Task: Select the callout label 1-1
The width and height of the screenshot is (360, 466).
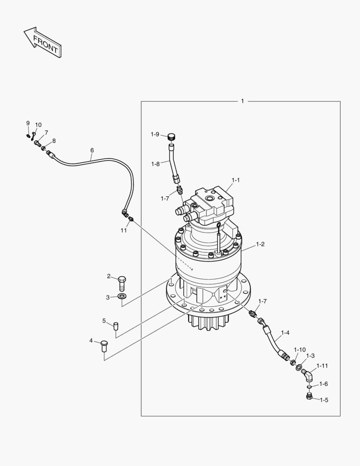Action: click(x=236, y=179)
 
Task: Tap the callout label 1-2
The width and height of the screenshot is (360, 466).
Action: click(x=260, y=244)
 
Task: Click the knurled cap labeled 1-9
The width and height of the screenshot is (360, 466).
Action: click(x=172, y=137)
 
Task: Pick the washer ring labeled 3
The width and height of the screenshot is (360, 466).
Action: click(x=122, y=296)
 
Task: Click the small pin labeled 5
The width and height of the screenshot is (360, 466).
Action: click(x=116, y=325)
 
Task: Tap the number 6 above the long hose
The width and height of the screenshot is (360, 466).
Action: click(x=92, y=150)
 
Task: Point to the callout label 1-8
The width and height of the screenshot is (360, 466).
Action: click(x=156, y=164)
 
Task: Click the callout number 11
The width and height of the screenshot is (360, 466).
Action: click(x=124, y=230)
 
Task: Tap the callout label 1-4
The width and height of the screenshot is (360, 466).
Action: click(x=285, y=332)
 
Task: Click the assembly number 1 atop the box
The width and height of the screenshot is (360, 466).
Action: click(x=242, y=101)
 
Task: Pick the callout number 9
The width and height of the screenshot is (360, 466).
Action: click(x=28, y=123)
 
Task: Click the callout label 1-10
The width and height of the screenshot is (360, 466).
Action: click(x=300, y=349)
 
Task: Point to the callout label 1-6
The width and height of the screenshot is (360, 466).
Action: click(x=324, y=384)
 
